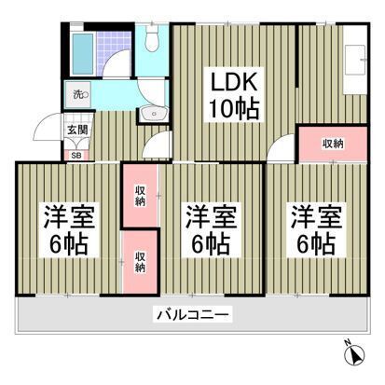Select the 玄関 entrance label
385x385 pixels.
point(77,131)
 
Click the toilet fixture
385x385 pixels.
point(151,42)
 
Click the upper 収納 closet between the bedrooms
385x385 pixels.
point(140,196)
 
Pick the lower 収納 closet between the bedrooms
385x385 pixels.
point(140,260)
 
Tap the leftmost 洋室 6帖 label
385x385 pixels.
point(65,232)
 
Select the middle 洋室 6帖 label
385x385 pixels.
point(209,232)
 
